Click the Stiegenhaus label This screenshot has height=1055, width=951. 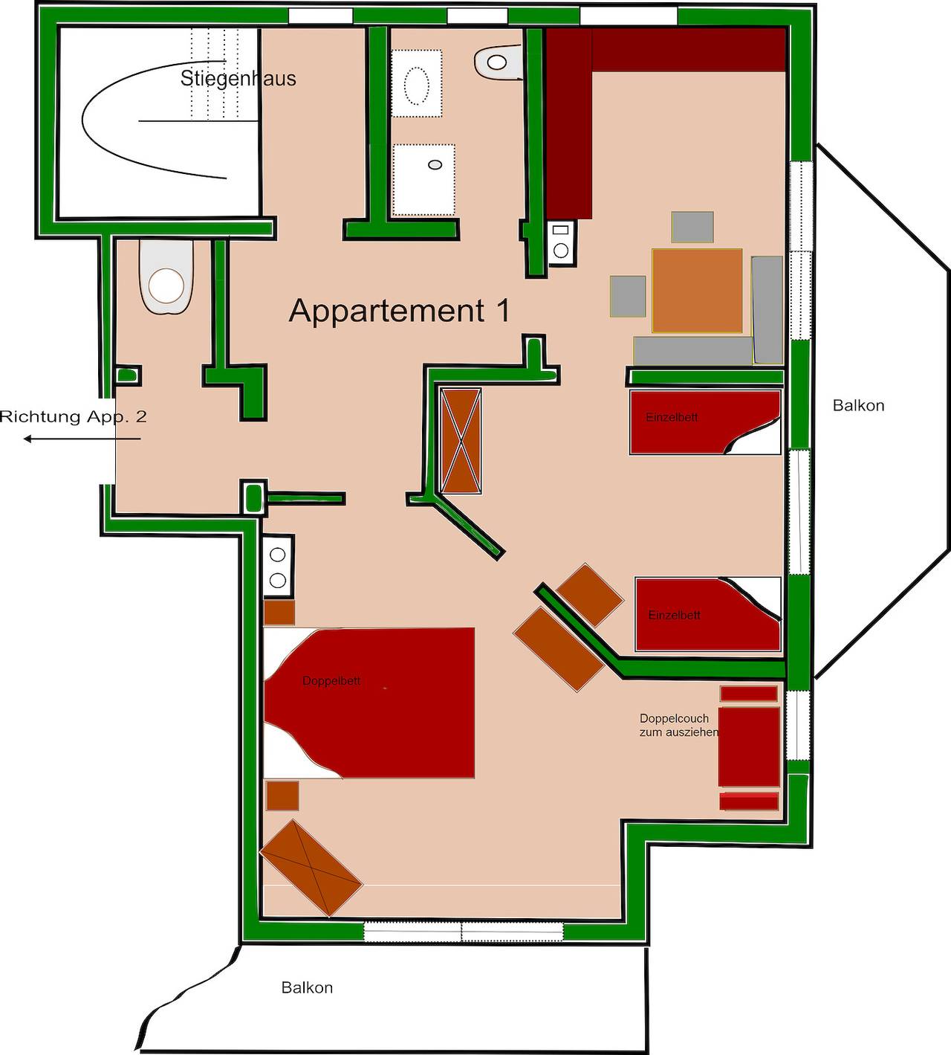(x=238, y=78)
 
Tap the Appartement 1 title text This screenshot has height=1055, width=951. (x=399, y=310)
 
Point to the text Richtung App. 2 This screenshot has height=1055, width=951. (x=73, y=416)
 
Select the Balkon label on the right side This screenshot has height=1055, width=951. (x=858, y=405)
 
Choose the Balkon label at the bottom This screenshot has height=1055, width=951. (x=307, y=987)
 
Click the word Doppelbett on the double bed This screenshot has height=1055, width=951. (x=331, y=680)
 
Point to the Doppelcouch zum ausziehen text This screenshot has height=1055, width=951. (x=678, y=725)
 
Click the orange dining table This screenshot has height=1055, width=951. (x=697, y=290)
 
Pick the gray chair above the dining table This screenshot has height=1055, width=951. (x=692, y=227)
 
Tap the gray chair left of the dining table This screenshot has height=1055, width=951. (x=629, y=296)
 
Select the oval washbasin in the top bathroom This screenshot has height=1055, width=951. (x=416, y=84)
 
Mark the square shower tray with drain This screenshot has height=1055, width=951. (x=423, y=179)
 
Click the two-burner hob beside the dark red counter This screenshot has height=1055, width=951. (x=561, y=241)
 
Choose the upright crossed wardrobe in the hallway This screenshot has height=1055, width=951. (x=461, y=441)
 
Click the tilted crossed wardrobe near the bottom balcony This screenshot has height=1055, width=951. (x=311, y=867)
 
